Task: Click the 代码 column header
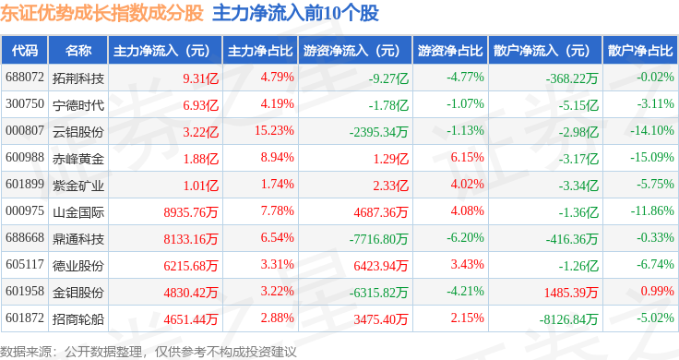pos(25,51)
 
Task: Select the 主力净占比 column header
pos(260,51)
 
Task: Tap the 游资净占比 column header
pos(450,51)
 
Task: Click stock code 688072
pos(25,78)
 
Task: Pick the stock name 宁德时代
pos(78,105)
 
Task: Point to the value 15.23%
pos(274,130)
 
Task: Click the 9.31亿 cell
pos(200,78)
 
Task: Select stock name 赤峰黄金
pos(78,159)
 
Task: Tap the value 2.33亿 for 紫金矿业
pos(390,186)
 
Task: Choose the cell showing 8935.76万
pos(191,212)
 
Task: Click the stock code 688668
pos(25,237)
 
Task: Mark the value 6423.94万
pos(381,266)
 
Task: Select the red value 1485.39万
pos(571,293)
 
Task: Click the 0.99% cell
pos(658,291)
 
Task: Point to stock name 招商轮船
pos(78,319)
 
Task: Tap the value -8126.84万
pos(568,319)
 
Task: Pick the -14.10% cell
pos(652,130)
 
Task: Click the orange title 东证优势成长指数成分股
pos(101,13)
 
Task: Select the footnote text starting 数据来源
pos(149,352)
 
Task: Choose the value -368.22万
pos(572,78)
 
